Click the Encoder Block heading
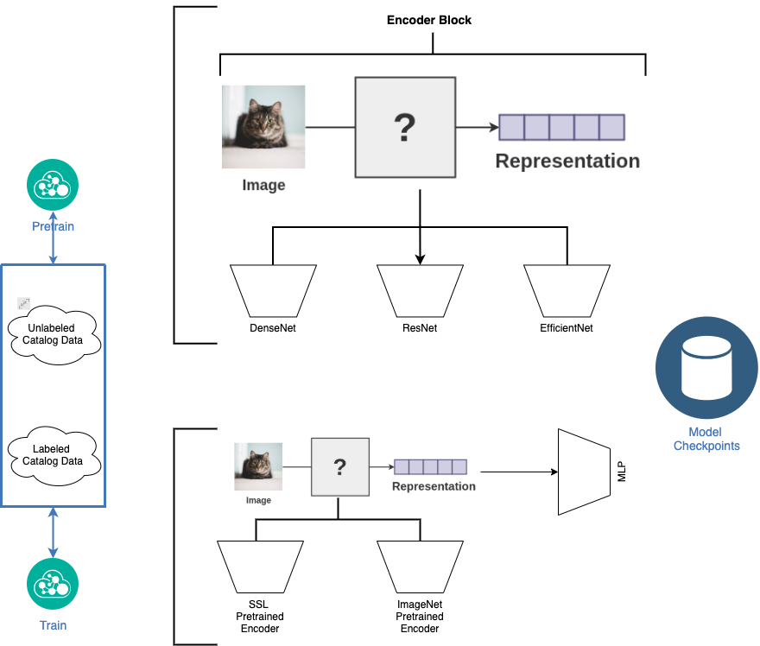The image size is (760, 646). coord(428,20)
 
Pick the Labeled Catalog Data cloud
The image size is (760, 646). coord(54,454)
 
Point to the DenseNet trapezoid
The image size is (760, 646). coord(273,290)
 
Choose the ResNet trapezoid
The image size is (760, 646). coord(420,290)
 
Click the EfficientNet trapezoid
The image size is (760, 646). coord(567,290)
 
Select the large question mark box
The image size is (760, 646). coord(405,127)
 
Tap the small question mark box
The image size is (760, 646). coord(340,467)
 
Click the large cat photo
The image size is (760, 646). coord(263,127)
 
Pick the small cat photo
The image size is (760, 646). coord(258,466)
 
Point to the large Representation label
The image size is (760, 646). coord(567,161)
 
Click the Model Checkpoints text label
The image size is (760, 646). coord(706,439)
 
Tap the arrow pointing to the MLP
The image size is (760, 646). coord(518,472)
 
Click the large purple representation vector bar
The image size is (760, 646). coord(561,127)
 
